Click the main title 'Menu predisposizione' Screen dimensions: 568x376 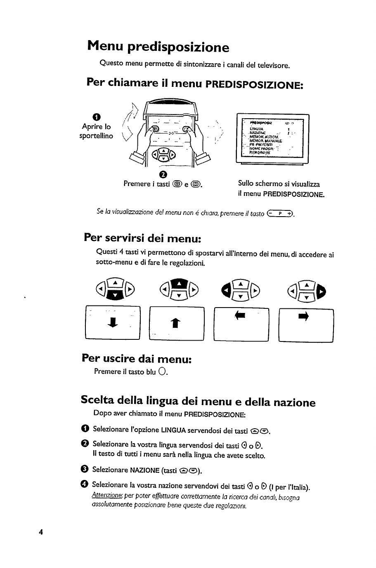click(158, 47)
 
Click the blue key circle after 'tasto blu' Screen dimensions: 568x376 click(162, 372)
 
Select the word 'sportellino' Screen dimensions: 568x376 click(96, 136)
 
